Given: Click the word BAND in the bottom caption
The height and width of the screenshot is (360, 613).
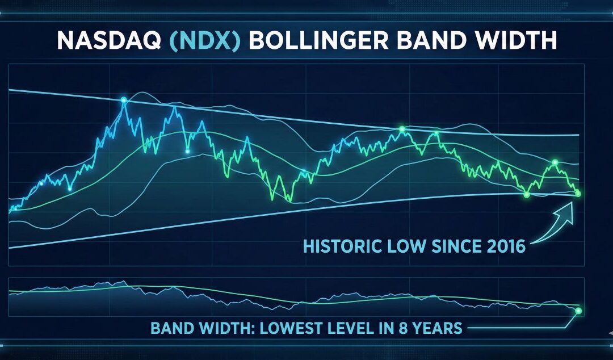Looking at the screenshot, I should click(170, 328).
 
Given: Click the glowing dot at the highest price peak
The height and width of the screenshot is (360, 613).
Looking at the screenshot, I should click(124, 101).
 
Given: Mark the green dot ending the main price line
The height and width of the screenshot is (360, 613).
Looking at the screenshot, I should click(578, 194).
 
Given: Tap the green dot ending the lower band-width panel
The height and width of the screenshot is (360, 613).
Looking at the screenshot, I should click(578, 311).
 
